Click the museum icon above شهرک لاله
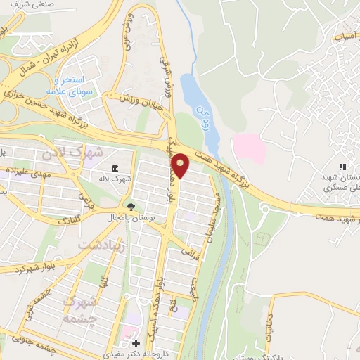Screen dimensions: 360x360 115,167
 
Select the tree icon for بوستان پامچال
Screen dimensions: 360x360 130,206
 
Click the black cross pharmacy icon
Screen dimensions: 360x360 136,342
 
